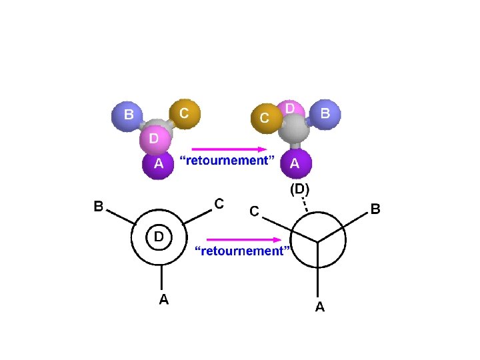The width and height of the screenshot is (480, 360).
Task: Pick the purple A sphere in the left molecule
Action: pyautogui.click(x=158, y=165)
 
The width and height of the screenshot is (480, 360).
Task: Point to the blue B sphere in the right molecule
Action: pyautogui.click(x=324, y=114)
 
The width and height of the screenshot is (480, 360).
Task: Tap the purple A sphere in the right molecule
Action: pyautogui.click(x=295, y=163)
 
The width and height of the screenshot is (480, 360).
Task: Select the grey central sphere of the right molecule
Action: pyautogui.click(x=293, y=132)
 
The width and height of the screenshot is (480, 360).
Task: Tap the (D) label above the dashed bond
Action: pyautogui.click(x=299, y=189)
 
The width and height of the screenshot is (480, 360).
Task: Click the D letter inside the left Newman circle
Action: pyautogui.click(x=159, y=237)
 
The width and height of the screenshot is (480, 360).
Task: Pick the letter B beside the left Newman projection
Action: pyautogui.click(x=98, y=207)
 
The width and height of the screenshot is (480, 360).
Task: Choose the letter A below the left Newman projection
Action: pyautogui.click(x=163, y=300)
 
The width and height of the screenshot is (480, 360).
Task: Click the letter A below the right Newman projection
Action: pyautogui.click(x=319, y=307)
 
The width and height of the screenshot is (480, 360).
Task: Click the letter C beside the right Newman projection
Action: pyautogui.click(x=254, y=211)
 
